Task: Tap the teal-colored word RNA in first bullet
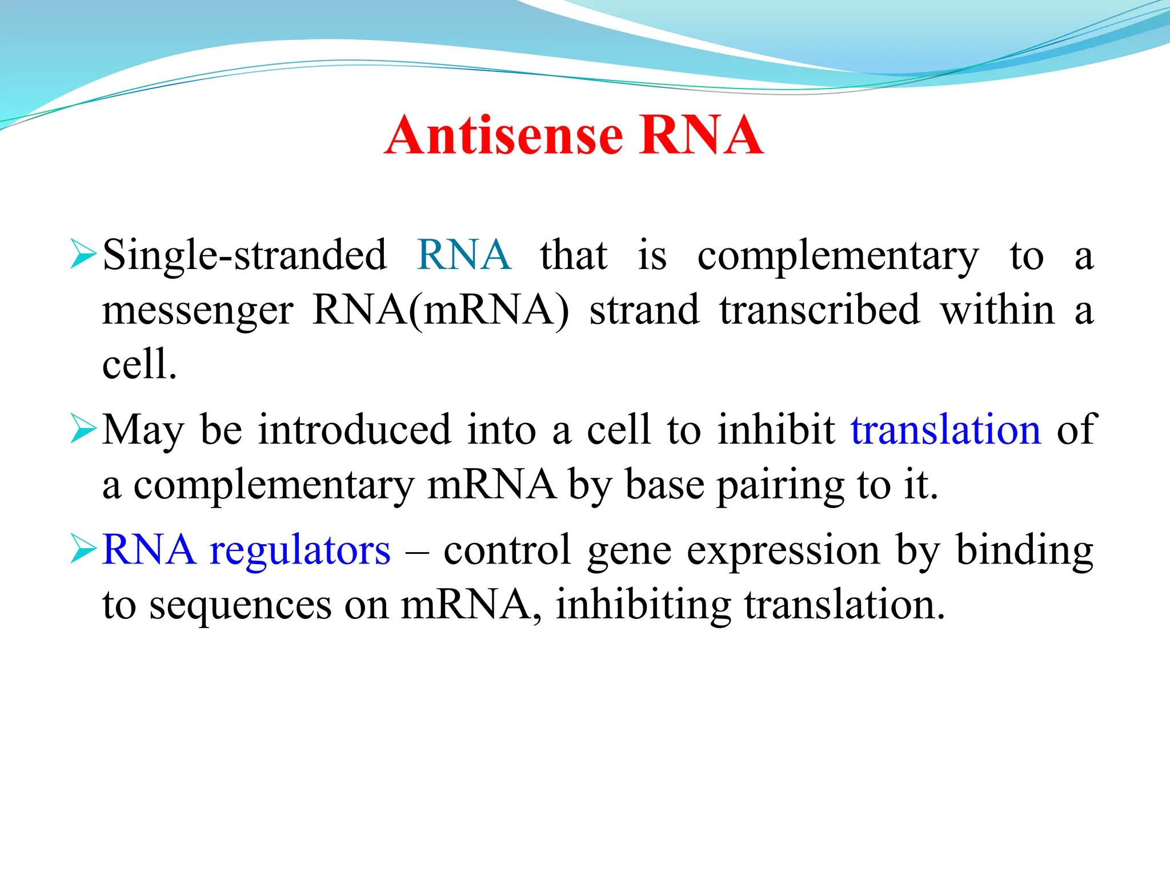tap(464, 255)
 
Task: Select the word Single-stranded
tap(245, 256)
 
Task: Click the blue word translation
tap(945, 430)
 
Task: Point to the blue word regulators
tap(300, 550)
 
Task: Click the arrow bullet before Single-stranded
tap(83, 255)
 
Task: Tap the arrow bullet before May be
tap(83, 429)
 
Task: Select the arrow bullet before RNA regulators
tap(83, 549)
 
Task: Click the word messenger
tap(198, 312)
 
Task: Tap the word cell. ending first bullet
tap(139, 364)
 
